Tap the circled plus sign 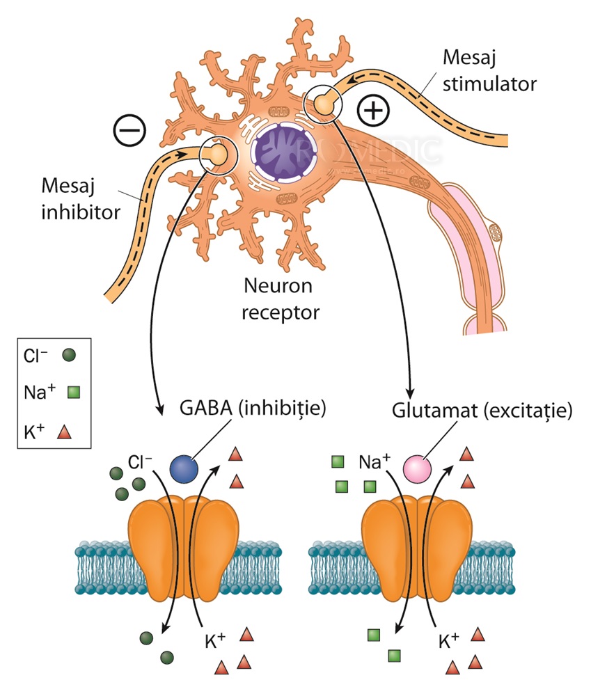pos(373,110)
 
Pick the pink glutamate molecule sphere pos(418,466)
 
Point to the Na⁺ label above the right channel pos(375,461)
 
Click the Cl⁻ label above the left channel pos(141,461)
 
